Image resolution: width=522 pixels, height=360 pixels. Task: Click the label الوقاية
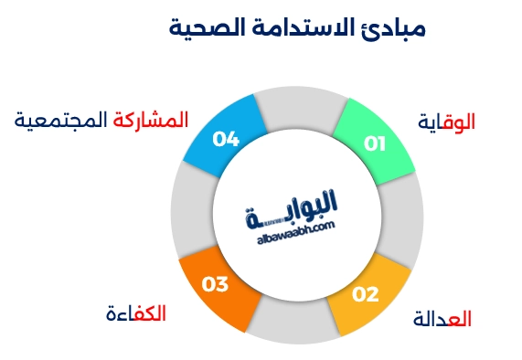tap(447, 122)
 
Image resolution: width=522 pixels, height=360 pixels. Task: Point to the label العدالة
tap(442, 319)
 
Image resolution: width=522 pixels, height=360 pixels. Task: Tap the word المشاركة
tap(151, 120)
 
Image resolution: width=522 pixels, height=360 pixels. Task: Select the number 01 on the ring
tap(375, 143)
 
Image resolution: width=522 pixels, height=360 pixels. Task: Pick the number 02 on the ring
tap(365, 294)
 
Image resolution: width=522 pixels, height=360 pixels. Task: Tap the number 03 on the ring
tap(215, 285)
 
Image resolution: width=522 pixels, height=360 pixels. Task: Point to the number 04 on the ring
tap(226, 139)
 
